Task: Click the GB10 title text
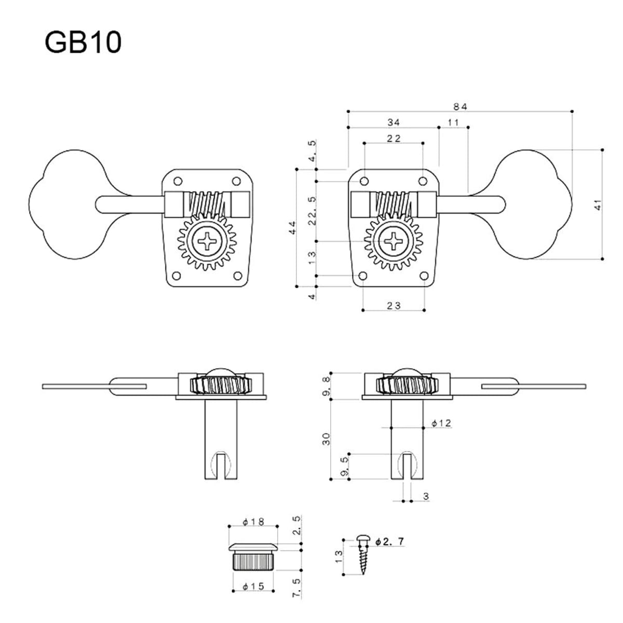(x=83, y=43)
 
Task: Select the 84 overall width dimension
(x=461, y=106)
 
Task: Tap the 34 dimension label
(x=394, y=122)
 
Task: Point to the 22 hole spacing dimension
(x=394, y=138)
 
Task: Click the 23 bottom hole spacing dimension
(x=394, y=306)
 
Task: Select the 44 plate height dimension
(x=292, y=228)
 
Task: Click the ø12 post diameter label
(x=441, y=424)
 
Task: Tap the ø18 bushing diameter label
(x=253, y=522)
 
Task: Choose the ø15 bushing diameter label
(x=253, y=587)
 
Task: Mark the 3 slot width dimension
(x=426, y=497)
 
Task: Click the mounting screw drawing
(x=363, y=556)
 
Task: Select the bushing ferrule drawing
(x=253, y=556)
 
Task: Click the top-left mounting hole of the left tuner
(x=178, y=181)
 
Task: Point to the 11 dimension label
(x=453, y=122)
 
